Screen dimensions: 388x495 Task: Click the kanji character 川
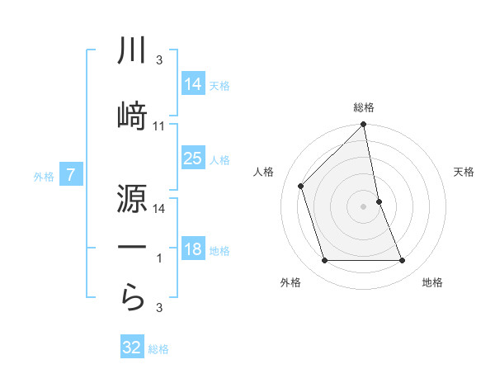pos(132,51)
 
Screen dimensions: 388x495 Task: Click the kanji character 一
pos(132,247)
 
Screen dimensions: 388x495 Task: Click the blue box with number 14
pos(193,84)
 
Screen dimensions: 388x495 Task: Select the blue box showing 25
pos(193,159)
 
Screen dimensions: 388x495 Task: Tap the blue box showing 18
pos(193,249)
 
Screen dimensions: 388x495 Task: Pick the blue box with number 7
pos(71,175)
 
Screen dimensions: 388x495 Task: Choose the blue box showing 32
pos(132,348)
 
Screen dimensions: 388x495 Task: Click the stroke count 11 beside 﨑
pos(159,125)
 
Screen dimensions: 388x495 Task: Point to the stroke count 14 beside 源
pos(159,210)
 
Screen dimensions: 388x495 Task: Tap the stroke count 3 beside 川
pos(159,61)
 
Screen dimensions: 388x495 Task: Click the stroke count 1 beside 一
pos(159,258)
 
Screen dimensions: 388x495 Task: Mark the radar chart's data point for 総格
pos(363,125)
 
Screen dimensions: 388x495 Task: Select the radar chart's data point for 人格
pos(301,186)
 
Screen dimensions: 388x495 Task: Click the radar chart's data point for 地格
pos(403,261)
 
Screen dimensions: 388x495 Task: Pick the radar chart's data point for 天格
pos(379,201)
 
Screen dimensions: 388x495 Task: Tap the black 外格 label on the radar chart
pos(290,282)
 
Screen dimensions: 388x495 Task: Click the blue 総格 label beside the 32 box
pos(158,349)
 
